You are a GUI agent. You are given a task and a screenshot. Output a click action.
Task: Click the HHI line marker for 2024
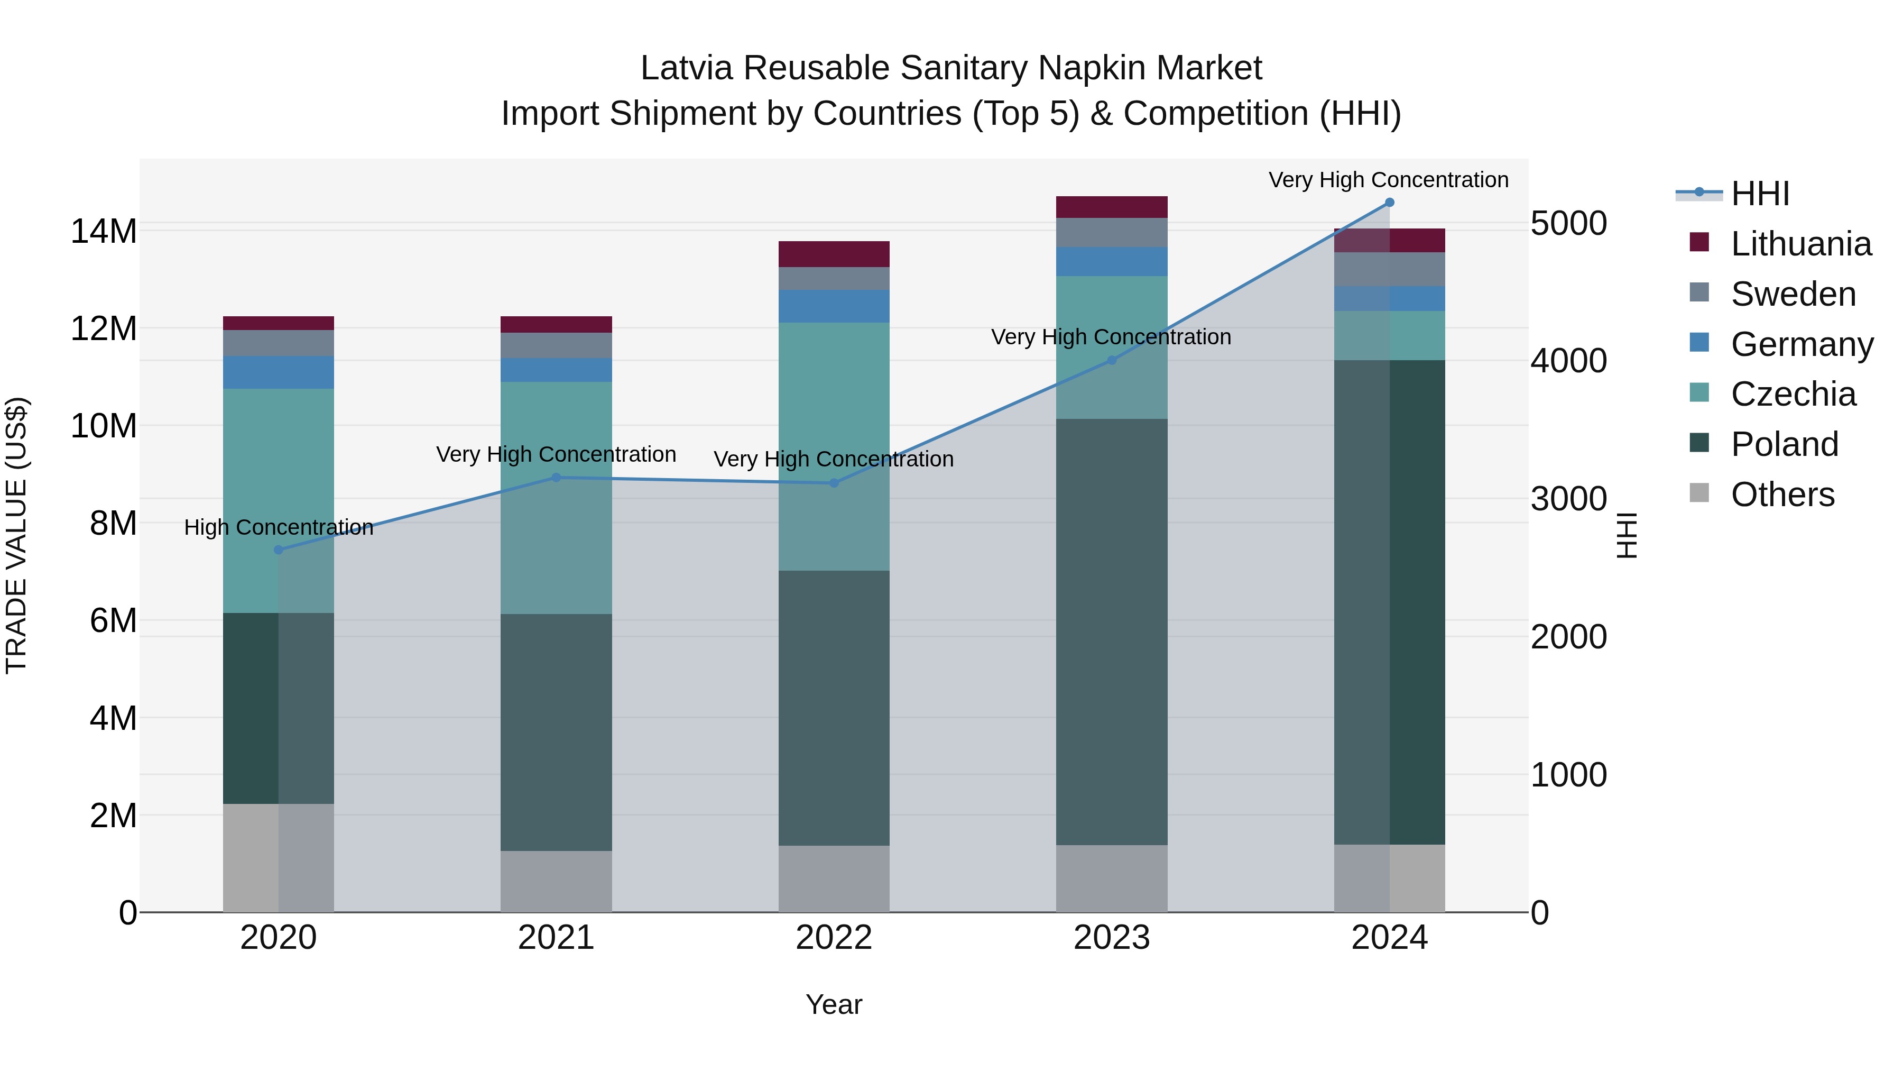1389,203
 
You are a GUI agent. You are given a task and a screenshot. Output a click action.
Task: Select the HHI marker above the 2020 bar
279,550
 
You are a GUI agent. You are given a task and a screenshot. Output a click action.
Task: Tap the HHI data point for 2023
1111,361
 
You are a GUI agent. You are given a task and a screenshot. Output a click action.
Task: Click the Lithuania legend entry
1800,244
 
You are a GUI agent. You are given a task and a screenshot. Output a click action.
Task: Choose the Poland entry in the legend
1784,444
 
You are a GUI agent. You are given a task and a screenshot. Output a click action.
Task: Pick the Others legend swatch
1699,493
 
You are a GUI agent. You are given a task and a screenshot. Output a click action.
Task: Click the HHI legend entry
1760,194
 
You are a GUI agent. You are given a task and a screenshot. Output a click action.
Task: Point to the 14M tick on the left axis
104,231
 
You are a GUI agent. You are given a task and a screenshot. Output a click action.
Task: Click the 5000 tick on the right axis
1568,223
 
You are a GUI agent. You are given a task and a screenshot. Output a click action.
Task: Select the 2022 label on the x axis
833,938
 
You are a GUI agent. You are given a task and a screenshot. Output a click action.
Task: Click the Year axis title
833,1004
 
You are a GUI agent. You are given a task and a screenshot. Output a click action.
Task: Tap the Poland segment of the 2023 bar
1111,632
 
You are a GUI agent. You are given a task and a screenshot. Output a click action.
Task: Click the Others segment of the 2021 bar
556,881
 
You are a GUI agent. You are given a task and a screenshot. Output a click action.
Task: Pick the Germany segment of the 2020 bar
279,372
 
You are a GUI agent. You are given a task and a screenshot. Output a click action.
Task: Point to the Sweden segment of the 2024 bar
1389,269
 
